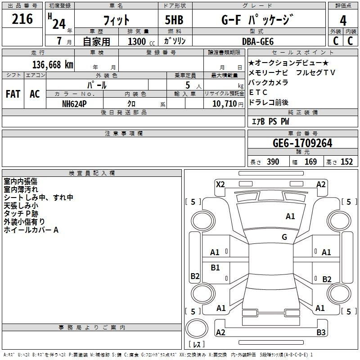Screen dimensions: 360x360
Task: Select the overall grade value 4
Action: (343, 20)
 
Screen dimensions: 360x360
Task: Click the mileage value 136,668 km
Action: (53, 64)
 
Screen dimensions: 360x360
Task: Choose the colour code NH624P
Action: (75, 103)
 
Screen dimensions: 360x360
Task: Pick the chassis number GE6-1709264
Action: (302, 143)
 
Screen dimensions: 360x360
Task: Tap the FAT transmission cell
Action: (13, 94)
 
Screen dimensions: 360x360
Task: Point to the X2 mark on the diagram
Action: (220, 184)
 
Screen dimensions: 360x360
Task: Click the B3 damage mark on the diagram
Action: (321, 332)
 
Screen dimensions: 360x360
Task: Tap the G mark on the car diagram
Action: (284, 237)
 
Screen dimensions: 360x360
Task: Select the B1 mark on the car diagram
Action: (215, 267)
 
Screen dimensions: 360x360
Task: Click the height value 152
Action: (346, 162)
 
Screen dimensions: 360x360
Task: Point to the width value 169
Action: (310, 162)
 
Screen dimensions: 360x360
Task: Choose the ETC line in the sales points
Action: (258, 92)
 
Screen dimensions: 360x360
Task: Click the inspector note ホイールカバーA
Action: (31, 230)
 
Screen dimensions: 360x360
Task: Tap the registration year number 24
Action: (58, 23)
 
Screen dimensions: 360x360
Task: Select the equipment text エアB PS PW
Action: (270, 121)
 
